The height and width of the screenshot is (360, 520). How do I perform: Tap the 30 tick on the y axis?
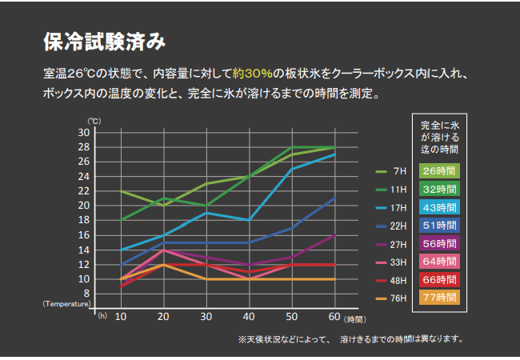[83, 132]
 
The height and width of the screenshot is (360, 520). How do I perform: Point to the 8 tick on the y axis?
[86, 294]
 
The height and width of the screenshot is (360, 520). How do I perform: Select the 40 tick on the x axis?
[249, 317]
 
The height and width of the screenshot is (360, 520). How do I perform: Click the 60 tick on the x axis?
[334, 317]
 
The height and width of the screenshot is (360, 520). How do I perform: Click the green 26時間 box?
[440, 170]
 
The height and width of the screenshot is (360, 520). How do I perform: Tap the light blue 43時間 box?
[440, 207]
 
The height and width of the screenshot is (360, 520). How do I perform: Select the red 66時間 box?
[440, 280]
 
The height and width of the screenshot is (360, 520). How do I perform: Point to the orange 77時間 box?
[440, 298]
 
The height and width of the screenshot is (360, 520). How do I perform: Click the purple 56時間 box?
[440, 244]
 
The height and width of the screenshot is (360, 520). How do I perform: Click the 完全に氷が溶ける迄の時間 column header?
[440, 138]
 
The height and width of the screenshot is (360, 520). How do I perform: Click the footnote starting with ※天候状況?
[350, 339]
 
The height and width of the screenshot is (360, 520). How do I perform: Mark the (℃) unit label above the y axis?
[93, 121]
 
